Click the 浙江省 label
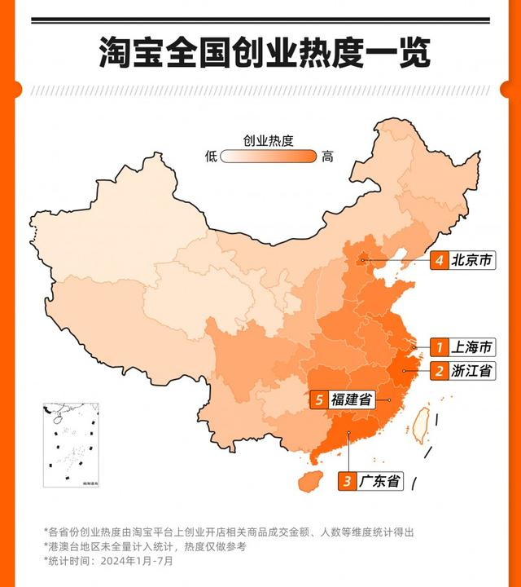click(x=471, y=371)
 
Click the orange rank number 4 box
click(x=439, y=261)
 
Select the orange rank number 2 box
click(x=439, y=371)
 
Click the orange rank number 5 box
click(x=320, y=399)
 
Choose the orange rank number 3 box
click(x=348, y=481)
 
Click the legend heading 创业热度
click(x=268, y=139)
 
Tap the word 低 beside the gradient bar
click(x=211, y=157)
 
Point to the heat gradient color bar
click(x=268, y=157)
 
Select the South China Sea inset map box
click(x=71, y=444)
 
